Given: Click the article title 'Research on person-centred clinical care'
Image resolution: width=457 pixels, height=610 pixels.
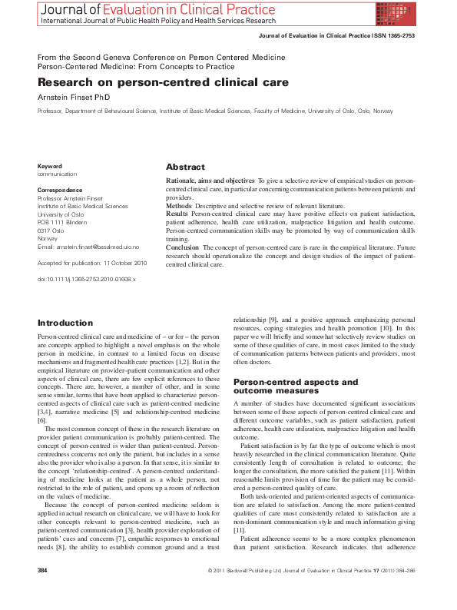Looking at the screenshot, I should (x=163, y=82).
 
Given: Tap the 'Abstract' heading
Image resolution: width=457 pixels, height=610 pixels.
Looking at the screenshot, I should (x=185, y=167).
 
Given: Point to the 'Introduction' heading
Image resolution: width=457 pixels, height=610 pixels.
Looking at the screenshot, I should (x=65, y=323).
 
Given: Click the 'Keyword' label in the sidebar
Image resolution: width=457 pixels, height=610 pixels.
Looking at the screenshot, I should (x=50, y=166).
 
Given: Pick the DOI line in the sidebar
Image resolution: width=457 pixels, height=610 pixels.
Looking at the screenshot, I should (x=87, y=279).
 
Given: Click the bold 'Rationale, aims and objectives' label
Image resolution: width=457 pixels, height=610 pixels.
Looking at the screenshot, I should (x=210, y=180).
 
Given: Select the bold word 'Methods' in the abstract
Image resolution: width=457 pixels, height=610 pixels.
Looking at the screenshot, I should (x=179, y=206).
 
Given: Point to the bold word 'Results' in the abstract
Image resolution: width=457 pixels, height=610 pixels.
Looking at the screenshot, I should (x=177, y=214).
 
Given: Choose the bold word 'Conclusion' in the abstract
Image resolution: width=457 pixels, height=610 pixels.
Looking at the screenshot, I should (x=183, y=248).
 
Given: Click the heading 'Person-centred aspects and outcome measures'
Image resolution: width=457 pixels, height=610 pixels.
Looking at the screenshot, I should (x=296, y=386).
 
